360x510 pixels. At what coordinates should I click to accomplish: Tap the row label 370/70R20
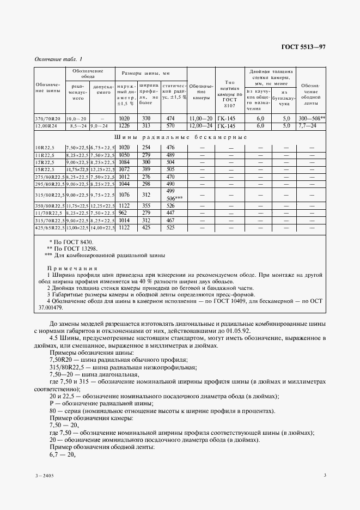(48, 118)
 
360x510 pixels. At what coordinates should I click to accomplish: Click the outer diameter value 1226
(124, 125)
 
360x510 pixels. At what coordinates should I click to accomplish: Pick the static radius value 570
(171, 125)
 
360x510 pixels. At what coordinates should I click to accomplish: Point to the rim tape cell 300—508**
(312, 118)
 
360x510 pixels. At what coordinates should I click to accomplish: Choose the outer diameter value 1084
(124, 162)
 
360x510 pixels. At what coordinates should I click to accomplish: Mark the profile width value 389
(146, 169)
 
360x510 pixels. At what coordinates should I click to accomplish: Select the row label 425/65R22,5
(48, 227)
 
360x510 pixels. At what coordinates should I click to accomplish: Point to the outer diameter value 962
(124, 212)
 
